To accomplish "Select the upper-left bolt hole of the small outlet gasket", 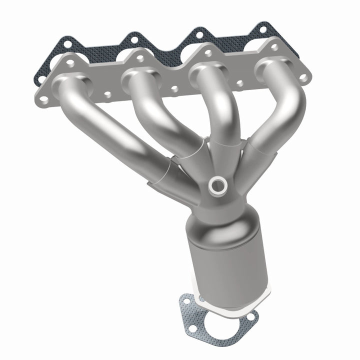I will tap(186, 301).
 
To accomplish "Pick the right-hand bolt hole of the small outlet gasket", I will tap(248, 318).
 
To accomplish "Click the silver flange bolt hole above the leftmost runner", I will tap(70, 63).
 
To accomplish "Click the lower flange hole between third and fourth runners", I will tap(240, 83).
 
